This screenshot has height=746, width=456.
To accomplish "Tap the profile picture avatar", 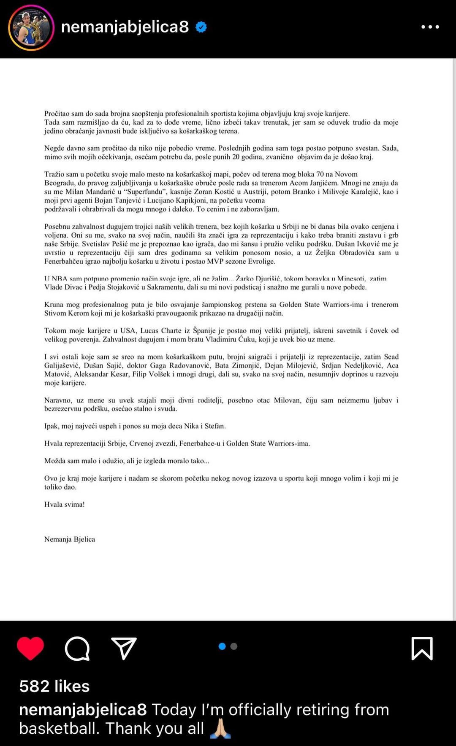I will pos(31,28).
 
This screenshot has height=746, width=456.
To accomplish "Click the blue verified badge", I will pos(201,27).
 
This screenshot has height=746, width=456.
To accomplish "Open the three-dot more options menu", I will pos(430,27).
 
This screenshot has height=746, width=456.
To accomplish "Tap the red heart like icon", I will pos(30,648).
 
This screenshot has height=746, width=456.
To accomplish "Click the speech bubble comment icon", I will pos(77,648).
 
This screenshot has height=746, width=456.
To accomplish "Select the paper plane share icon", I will pos(124,648).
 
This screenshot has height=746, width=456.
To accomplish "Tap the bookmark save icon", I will pos(422,648).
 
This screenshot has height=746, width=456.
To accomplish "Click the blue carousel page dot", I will pos(222,646).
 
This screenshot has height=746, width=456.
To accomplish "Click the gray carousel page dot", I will pos(234,646).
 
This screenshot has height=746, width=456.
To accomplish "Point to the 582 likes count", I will pos(54,687).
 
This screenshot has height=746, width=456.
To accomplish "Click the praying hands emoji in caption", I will pos(220,729).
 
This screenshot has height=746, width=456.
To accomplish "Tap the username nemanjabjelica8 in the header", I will pos(125,27).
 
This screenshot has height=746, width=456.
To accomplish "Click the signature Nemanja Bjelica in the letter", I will pos(70,539).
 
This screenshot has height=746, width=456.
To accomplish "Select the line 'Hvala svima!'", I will pos(65,504).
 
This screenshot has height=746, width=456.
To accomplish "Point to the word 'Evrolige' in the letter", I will pos(261,262).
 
